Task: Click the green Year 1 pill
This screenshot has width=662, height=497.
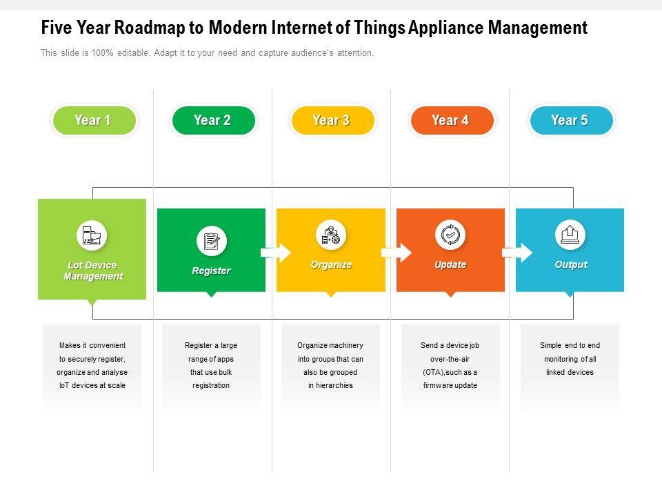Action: tap(93, 121)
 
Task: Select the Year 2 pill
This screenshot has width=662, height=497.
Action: tap(212, 121)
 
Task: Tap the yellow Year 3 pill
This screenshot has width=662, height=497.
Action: tap(332, 121)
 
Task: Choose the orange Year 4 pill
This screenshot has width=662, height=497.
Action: tap(451, 121)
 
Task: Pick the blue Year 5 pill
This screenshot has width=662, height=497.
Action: tap(570, 121)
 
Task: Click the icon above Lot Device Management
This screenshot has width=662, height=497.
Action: tap(92, 235)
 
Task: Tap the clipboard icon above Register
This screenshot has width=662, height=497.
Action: tap(211, 242)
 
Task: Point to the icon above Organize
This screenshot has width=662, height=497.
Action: tap(331, 235)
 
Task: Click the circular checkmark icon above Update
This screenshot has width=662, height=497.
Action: tap(450, 235)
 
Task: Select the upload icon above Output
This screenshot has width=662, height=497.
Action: tap(570, 235)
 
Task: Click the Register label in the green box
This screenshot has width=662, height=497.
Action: tap(211, 271)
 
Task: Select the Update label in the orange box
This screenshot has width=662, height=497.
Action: tap(450, 265)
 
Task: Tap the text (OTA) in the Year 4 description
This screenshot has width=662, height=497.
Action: tap(433, 372)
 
